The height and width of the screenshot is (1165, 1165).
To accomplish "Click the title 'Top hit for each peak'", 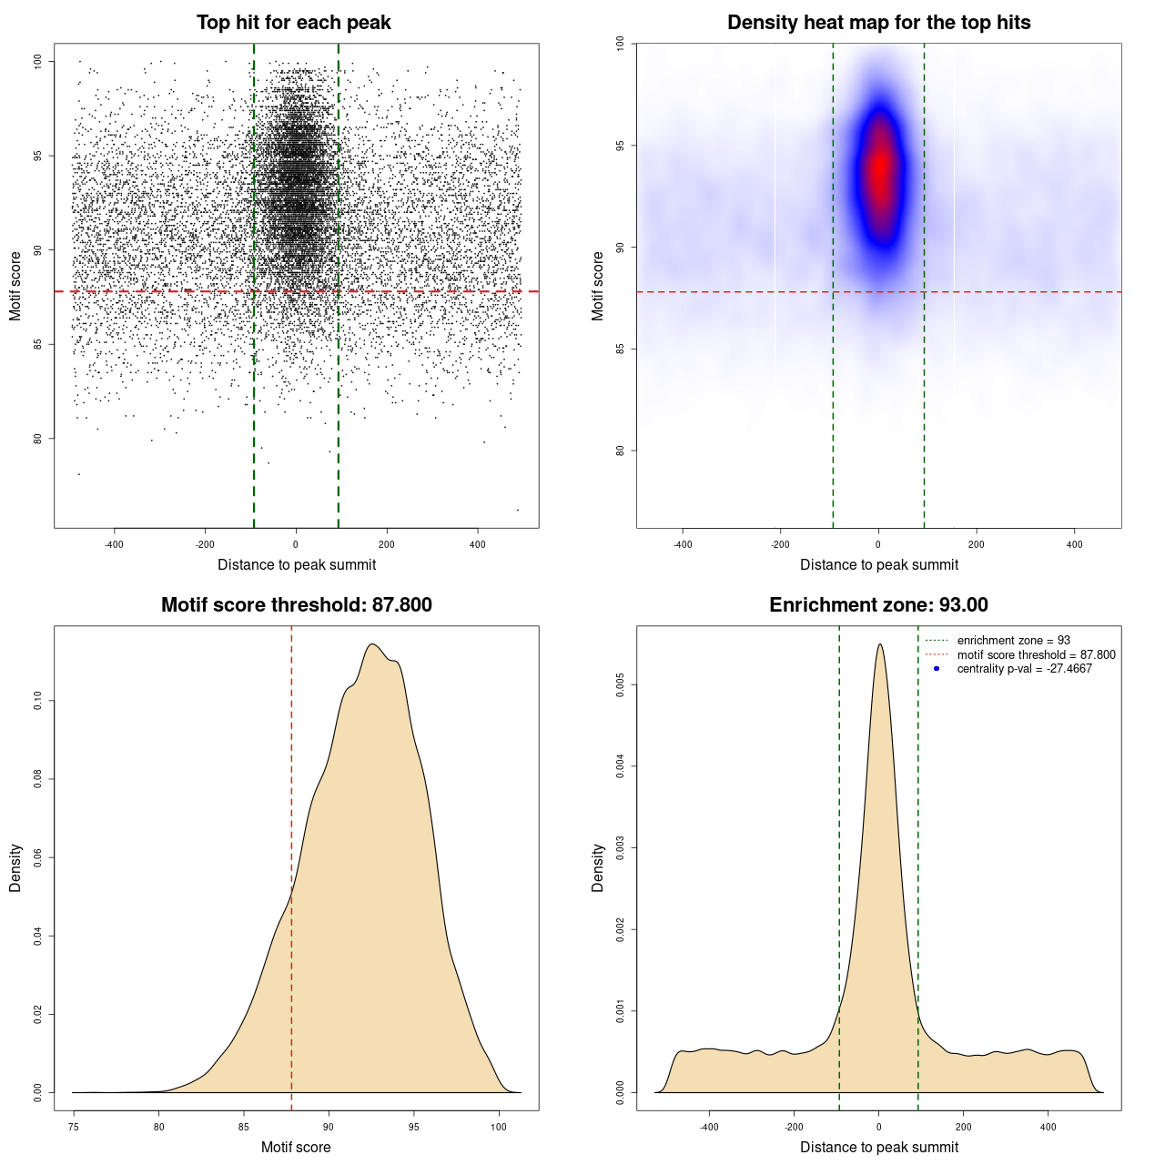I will coord(293,23).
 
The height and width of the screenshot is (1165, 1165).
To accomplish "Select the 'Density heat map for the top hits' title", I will coord(878,23).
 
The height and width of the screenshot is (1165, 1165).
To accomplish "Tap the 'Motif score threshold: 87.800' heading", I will coord(296,605).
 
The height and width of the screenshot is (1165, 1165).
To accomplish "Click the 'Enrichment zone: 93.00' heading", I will coord(878,605).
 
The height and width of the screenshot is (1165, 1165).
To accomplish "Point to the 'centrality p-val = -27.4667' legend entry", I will coord(1024,669).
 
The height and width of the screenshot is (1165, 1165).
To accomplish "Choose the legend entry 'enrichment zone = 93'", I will coord(1013,641).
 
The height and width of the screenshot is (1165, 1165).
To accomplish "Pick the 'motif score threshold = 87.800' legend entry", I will coord(1036,655).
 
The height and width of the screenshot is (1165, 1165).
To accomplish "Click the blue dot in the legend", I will coord(937,669).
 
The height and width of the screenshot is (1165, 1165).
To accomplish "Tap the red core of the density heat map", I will coord(880,168).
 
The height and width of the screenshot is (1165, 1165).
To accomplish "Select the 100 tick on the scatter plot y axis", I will coord(38,62).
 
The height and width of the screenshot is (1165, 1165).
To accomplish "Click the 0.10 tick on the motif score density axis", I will coord(38,701).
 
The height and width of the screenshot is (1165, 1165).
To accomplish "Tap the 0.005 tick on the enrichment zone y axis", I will coord(621,684).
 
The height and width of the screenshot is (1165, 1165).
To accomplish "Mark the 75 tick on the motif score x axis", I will coord(74,1127).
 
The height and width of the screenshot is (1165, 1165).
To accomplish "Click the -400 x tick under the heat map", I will coord(683,544).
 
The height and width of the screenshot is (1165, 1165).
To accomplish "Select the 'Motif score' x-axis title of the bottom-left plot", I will coord(296,1147).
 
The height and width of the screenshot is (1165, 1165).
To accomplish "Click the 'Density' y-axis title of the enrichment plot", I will coord(598,867).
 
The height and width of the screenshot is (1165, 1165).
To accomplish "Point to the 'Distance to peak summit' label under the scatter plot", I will coord(297,564).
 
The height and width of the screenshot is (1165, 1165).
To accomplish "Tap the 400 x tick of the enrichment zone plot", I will coord(1048,1127).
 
